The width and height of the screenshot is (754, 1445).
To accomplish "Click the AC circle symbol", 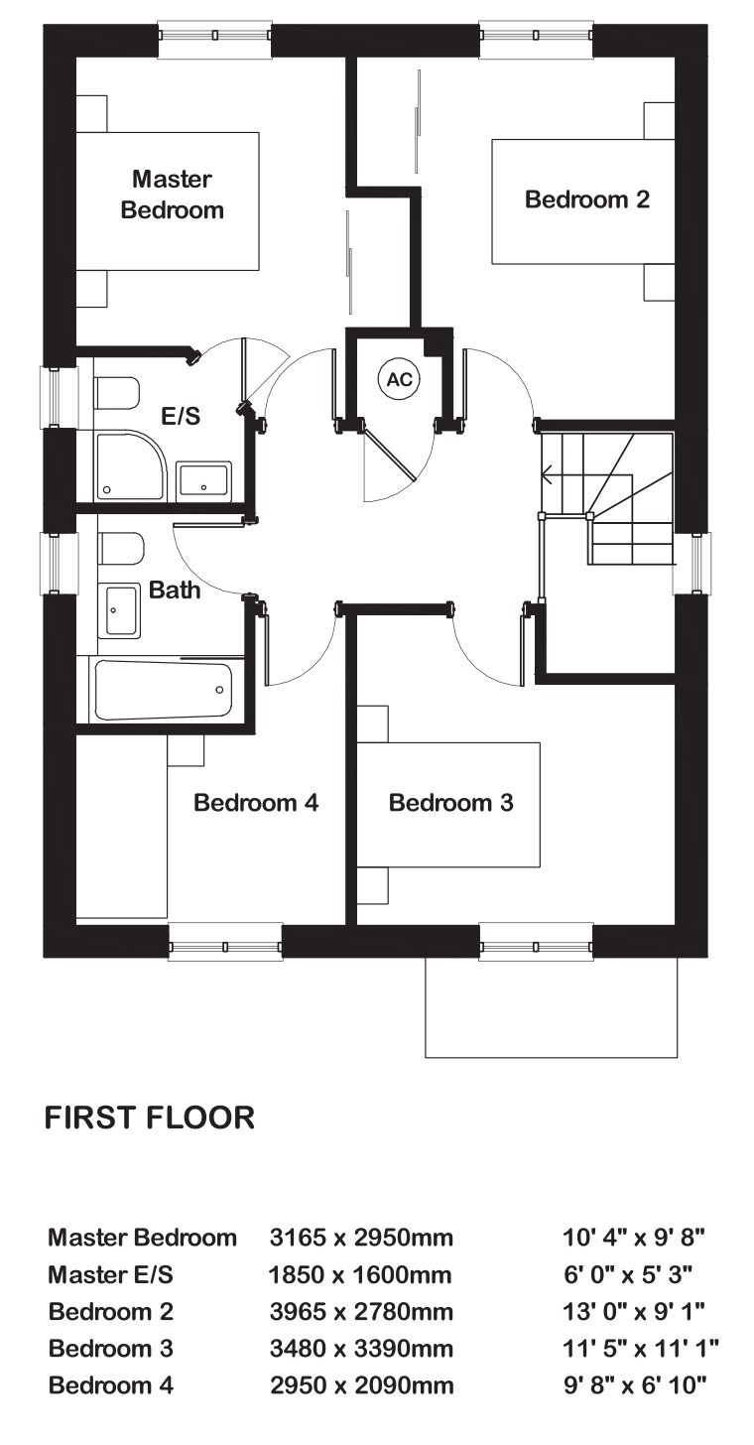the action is coord(398,379).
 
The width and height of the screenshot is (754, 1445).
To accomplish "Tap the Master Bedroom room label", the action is coord(173,195).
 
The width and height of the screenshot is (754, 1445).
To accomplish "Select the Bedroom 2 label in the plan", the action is coord(587,199).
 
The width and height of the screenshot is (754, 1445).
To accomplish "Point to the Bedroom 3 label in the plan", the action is coord(450,803).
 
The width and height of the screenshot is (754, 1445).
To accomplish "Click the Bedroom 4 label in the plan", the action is coord(256,803).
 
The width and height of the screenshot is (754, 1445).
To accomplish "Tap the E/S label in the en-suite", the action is coord(181,416).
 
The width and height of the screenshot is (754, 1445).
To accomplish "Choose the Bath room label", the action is coord(175,590).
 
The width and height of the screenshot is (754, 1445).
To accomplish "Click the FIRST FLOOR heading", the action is coord(150,1117).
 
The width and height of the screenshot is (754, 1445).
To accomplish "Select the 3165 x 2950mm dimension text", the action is coord(361,1238).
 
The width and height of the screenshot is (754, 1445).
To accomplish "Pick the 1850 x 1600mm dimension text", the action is coord(360,1274).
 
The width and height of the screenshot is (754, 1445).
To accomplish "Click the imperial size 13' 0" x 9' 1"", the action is coord(634,1311).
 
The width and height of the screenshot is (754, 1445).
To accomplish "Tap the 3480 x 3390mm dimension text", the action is coord(361,1348).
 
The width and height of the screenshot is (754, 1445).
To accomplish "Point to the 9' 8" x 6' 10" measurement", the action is coord(635,1385).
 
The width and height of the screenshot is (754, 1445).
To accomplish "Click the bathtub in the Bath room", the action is coord(163,690).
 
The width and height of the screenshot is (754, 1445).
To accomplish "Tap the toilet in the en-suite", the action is coord(116,393).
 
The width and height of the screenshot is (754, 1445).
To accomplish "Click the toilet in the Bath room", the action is coord(121,549).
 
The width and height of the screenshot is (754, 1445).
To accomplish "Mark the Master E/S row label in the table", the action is coord(111,1274).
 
